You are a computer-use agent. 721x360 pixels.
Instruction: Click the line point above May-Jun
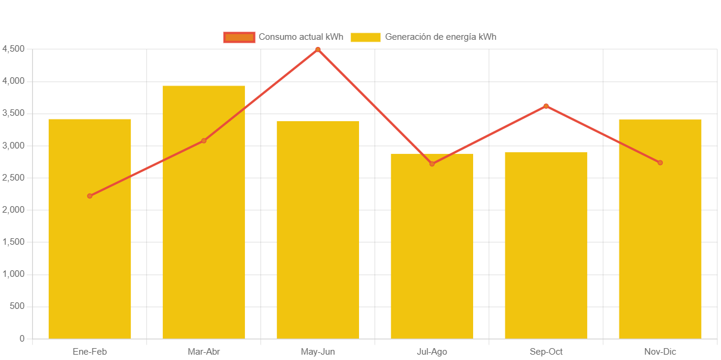[318, 49]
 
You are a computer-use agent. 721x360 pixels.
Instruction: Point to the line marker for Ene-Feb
[90, 196]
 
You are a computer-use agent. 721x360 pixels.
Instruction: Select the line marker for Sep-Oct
[546, 106]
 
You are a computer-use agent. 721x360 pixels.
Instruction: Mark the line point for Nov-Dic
[660, 163]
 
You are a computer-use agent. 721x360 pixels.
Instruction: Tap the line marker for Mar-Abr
[204, 141]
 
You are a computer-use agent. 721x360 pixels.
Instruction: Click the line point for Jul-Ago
[432, 164]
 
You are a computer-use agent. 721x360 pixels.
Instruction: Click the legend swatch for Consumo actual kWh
[239, 37]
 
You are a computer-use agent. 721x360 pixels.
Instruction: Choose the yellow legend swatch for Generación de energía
[365, 37]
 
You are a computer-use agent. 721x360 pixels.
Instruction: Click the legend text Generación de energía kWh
[440, 37]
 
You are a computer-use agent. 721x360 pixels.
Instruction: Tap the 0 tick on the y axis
[22, 339]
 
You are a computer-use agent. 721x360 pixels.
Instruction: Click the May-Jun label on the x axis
[318, 352]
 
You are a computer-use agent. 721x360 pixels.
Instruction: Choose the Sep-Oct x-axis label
[546, 352]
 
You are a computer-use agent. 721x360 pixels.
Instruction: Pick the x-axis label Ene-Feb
[90, 352]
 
